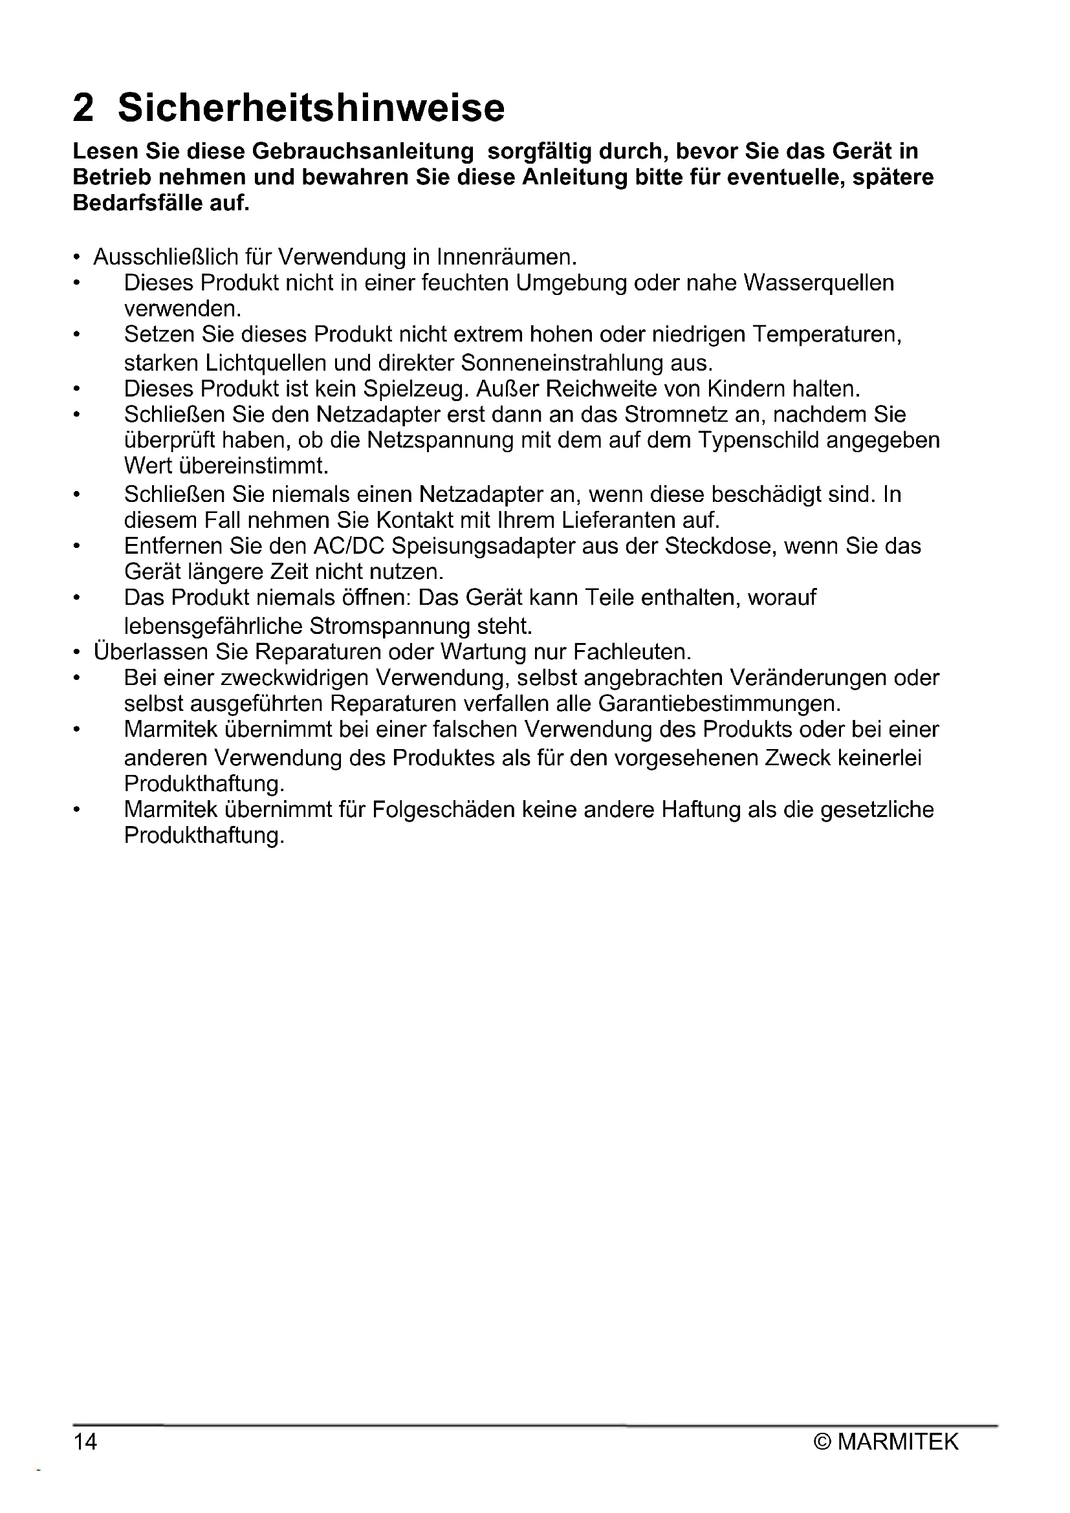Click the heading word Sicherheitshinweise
point(311,107)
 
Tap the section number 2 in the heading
point(83,107)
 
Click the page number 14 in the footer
point(85,1442)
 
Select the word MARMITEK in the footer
point(898,1442)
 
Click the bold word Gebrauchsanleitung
point(363,151)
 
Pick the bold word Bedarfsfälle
point(138,203)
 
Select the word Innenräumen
point(507,256)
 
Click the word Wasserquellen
point(819,283)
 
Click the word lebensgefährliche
point(213,626)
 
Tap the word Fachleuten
point(632,652)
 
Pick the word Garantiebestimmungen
point(719,704)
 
